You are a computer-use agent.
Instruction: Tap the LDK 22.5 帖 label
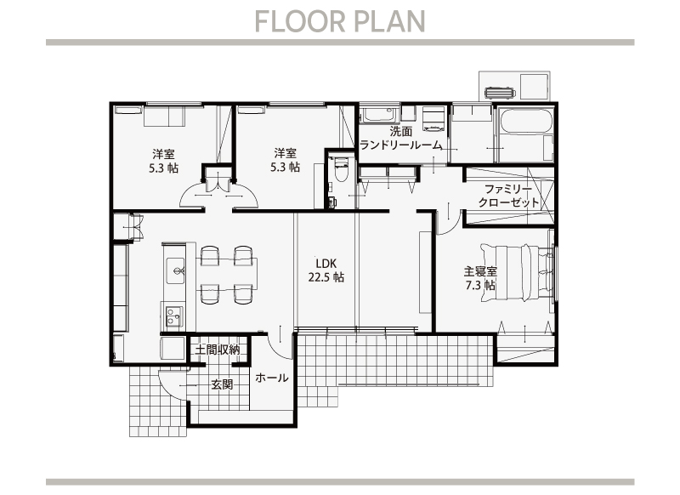click(x=326, y=270)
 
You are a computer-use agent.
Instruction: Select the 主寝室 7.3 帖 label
click(x=480, y=278)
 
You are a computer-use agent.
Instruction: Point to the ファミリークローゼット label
click(x=508, y=196)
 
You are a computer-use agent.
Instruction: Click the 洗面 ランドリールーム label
click(x=400, y=138)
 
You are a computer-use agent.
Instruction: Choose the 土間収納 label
click(x=217, y=350)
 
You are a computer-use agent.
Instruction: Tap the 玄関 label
click(x=222, y=384)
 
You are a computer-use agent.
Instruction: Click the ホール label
click(x=272, y=378)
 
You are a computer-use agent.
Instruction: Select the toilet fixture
click(x=341, y=170)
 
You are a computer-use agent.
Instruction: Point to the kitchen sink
click(x=176, y=271)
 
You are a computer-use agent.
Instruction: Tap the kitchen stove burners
click(x=174, y=317)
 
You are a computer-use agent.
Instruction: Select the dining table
click(x=227, y=273)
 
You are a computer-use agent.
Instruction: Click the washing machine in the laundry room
click(x=433, y=119)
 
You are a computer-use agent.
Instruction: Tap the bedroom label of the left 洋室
click(x=163, y=161)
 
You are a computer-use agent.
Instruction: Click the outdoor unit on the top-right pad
click(x=499, y=93)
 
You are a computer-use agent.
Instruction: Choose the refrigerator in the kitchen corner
click(x=173, y=349)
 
